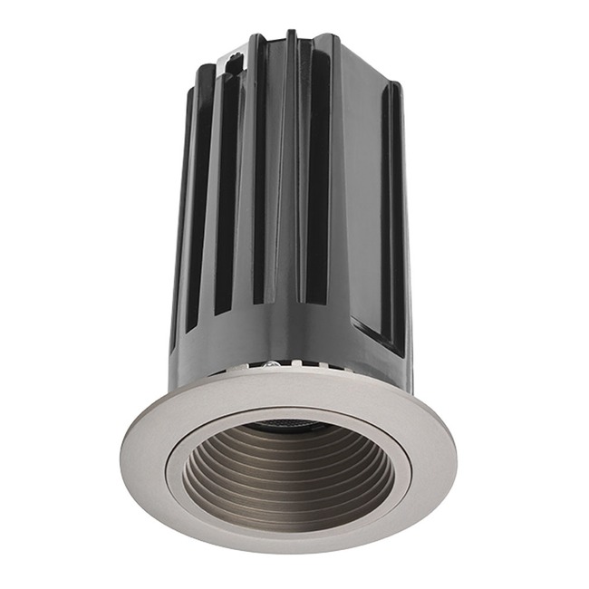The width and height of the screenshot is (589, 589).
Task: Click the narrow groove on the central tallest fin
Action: [x=291, y=181]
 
